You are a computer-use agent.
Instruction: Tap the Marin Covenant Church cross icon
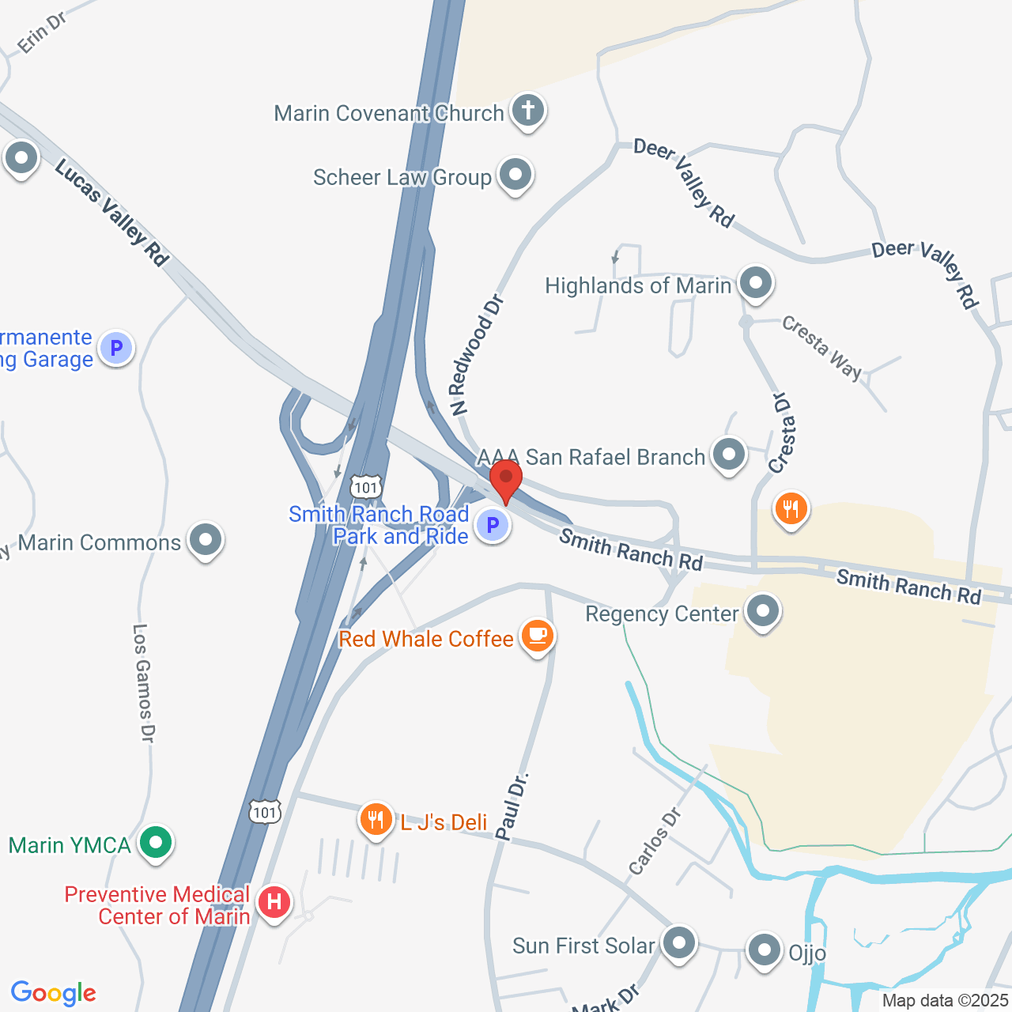pyautogui.click(x=527, y=111)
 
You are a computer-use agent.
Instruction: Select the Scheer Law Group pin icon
pyautogui.click(x=515, y=174)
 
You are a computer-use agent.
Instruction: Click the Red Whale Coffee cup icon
pyautogui.click(x=538, y=636)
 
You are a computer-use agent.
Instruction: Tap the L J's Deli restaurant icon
pyautogui.click(x=376, y=821)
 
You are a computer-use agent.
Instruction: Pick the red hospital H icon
pyautogui.click(x=274, y=902)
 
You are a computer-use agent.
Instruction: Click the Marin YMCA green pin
pyautogui.click(x=156, y=843)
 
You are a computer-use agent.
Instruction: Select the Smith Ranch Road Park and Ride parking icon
pyautogui.click(x=493, y=524)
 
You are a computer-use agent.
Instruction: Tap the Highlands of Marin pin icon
pyautogui.click(x=756, y=282)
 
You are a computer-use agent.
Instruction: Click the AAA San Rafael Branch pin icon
pyautogui.click(x=728, y=455)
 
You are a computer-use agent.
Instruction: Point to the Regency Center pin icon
pyautogui.click(x=763, y=612)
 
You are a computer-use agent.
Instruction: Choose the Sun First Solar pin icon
pyautogui.click(x=678, y=943)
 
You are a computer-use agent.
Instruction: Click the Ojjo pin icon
pyautogui.click(x=765, y=950)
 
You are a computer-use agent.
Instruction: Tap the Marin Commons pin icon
pyautogui.click(x=206, y=541)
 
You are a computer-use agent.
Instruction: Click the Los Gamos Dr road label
pyautogui.click(x=143, y=683)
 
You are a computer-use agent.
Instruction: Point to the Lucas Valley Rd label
pyautogui.click(x=112, y=212)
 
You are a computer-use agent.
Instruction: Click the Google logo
pyautogui.click(x=54, y=993)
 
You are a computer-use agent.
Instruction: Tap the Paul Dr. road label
pyautogui.click(x=512, y=806)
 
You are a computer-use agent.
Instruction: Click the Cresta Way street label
pyautogui.click(x=821, y=347)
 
